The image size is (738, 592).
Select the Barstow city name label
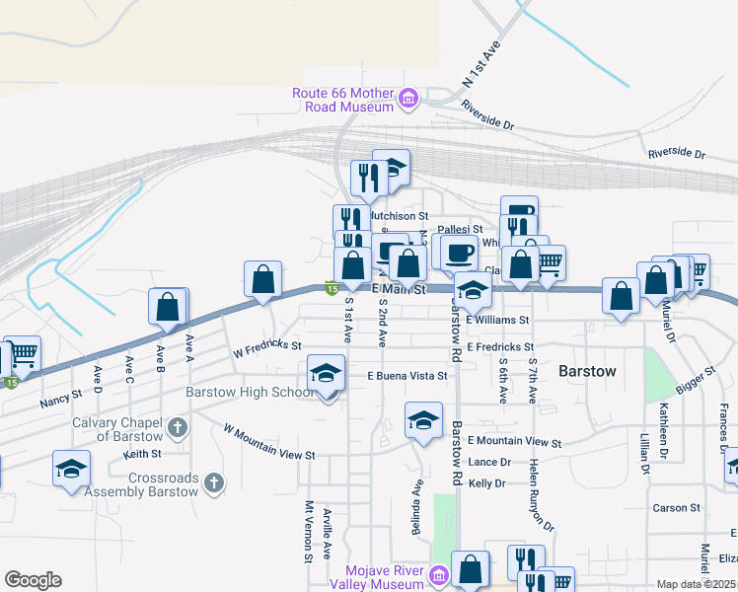(587, 372)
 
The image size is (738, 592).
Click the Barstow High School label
(250, 392)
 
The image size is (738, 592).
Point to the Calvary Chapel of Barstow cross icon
(177, 428)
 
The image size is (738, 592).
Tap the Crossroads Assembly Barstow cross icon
(215, 482)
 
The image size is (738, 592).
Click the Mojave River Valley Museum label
(384, 576)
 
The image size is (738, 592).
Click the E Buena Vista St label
(407, 376)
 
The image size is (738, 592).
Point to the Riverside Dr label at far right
(677, 155)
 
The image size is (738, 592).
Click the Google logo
(33, 580)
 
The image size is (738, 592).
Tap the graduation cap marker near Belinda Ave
(423, 421)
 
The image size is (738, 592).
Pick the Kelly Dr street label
(487, 483)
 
